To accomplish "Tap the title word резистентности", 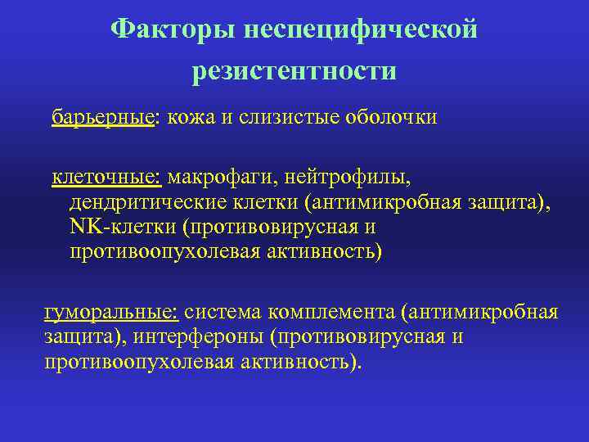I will (294, 71).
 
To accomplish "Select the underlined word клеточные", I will (108, 176).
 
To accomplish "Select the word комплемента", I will (336, 312).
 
